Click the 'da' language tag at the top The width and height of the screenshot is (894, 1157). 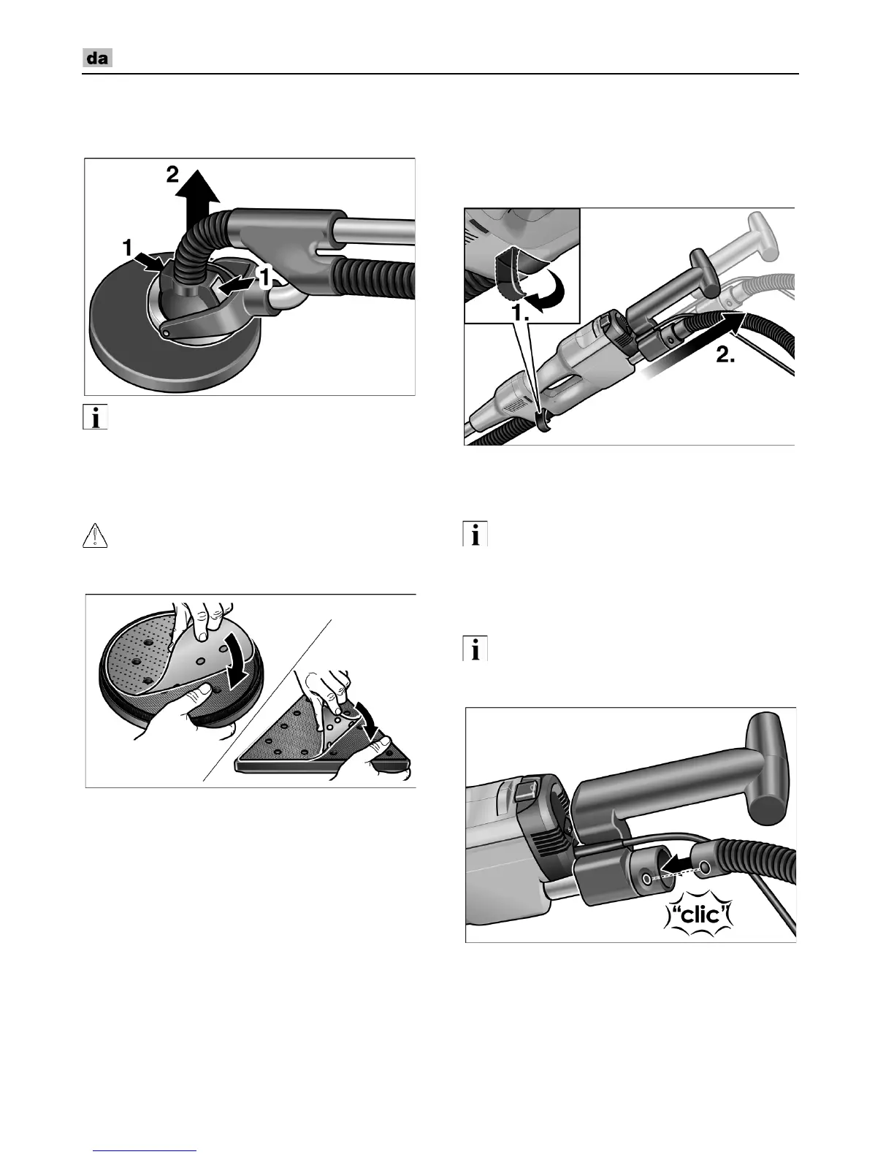(97, 58)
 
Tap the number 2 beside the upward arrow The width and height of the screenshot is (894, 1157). (172, 175)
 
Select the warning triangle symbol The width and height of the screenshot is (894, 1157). (95, 535)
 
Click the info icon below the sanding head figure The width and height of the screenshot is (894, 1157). (95, 417)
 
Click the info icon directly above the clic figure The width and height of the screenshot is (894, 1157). (475, 649)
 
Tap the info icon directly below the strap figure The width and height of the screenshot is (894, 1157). (475, 534)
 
